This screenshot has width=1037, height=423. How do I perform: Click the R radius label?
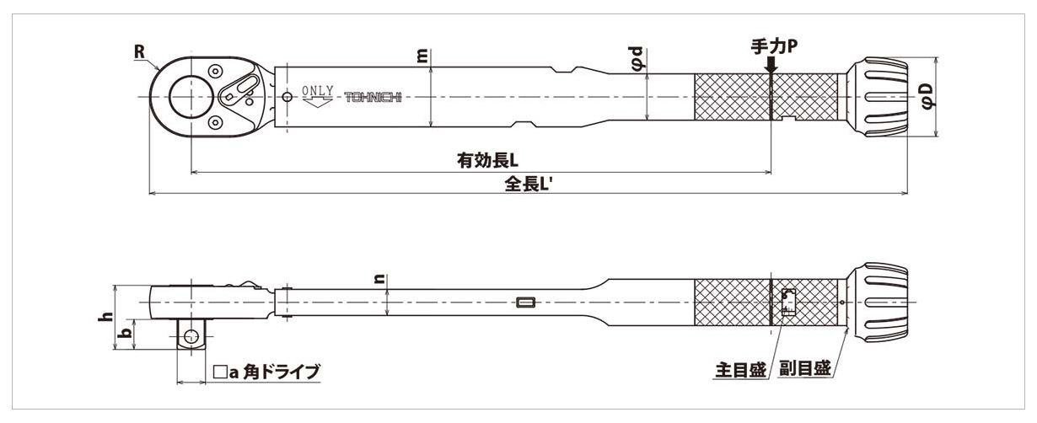pyautogui.click(x=140, y=51)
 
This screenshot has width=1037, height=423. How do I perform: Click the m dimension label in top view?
pyautogui.click(x=422, y=56)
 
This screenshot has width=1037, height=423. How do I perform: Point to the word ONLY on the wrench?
pyautogui.click(x=319, y=90)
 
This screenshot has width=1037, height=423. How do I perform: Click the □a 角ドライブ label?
pyautogui.click(x=268, y=371)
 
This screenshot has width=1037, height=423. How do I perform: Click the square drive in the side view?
pyautogui.click(x=191, y=335)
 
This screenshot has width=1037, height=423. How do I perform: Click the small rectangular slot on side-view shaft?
pyautogui.click(x=526, y=302)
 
